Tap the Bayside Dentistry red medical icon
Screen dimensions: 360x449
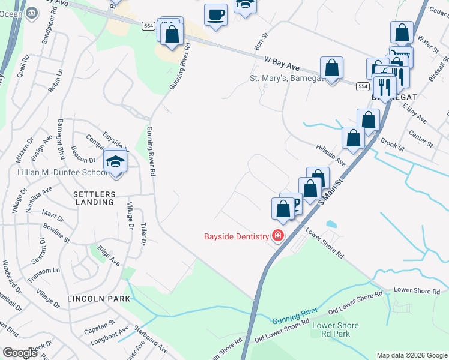tap(277, 236)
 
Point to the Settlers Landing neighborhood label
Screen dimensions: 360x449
tap(94, 202)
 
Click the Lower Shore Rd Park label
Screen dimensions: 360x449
tap(336, 329)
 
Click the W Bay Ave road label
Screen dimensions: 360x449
tap(281, 62)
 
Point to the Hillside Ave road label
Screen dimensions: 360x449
tap(331, 154)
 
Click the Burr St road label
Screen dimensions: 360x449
tap(259, 41)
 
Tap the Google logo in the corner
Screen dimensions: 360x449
tap(20, 353)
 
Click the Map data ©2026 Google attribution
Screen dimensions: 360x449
tap(411, 355)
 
